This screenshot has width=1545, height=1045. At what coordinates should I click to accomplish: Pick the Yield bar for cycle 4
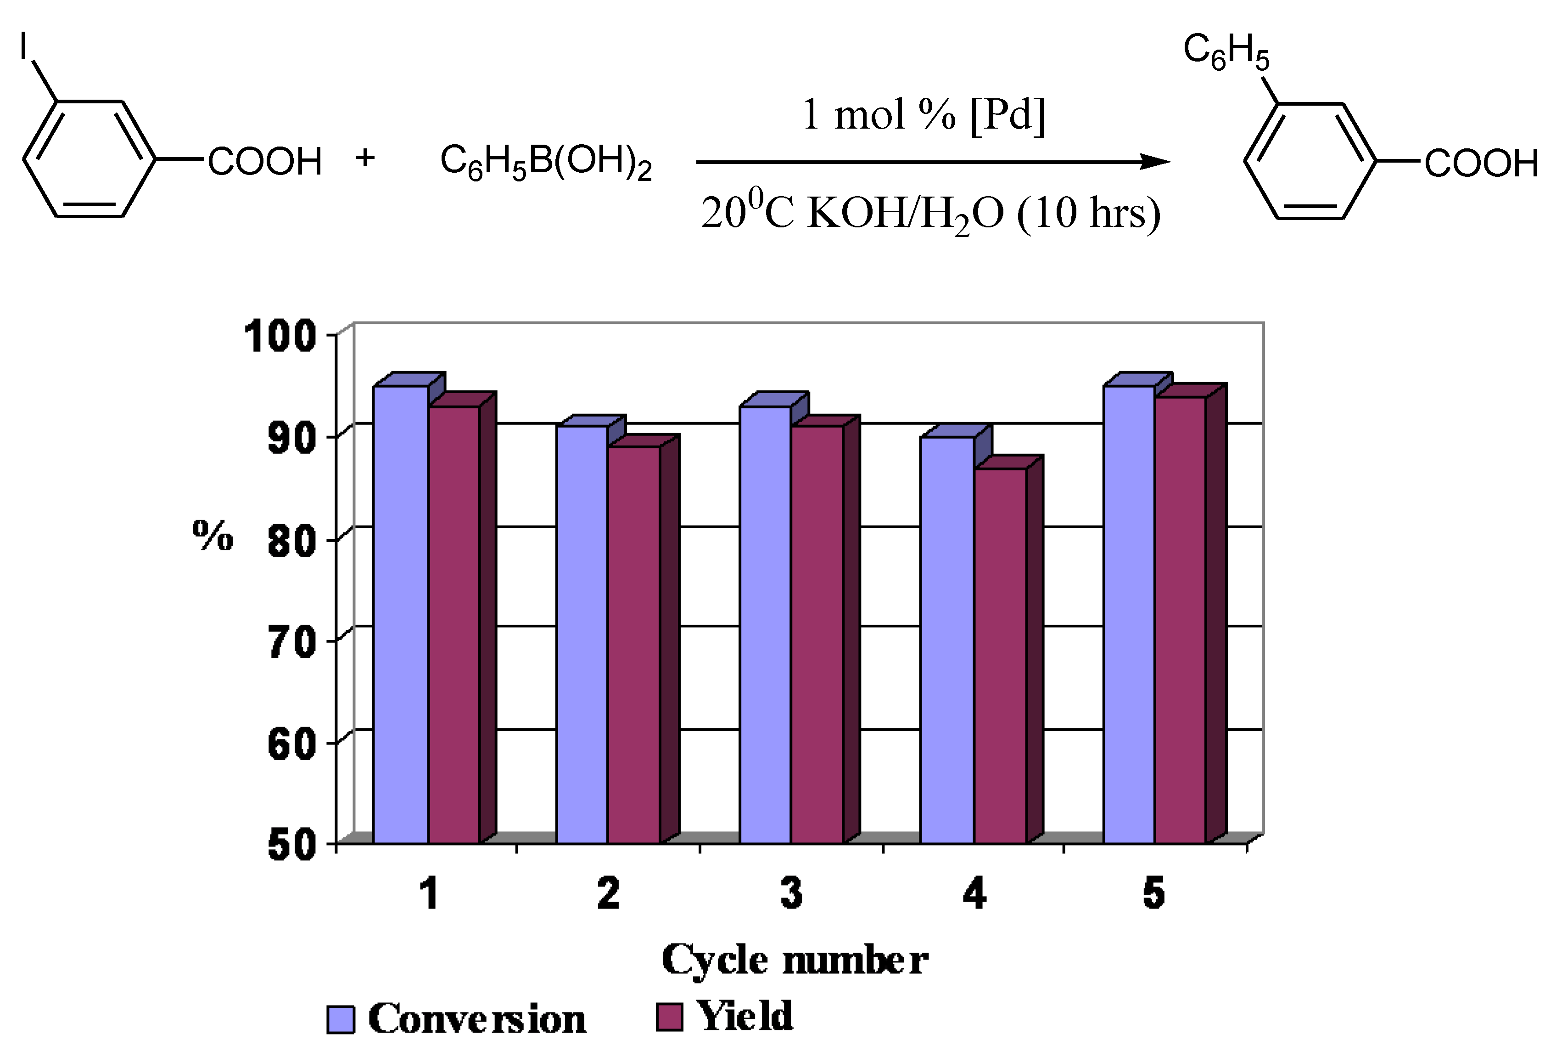pos(1000,655)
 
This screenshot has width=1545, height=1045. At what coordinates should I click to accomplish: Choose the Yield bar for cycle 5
pos(1180,619)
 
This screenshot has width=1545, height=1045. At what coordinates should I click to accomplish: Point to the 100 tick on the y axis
pos(279,335)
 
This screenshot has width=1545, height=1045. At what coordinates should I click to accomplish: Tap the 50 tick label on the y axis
pos(291,846)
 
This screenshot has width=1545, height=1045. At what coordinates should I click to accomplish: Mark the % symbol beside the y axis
pos(213,536)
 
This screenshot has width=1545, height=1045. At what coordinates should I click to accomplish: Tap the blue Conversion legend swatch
pos(341,1019)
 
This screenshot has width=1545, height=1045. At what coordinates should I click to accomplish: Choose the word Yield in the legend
pos(745,1016)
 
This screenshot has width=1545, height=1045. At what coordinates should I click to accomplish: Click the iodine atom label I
pos(24,46)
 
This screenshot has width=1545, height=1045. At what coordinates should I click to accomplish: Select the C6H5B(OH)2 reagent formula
pos(546,162)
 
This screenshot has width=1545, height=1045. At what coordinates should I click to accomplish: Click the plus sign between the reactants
pos(364,158)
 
